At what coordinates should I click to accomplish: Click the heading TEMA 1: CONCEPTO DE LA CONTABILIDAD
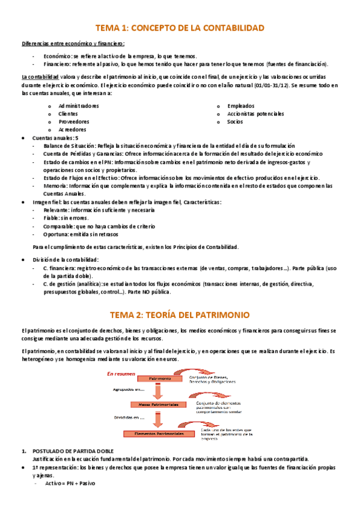coord(180,28)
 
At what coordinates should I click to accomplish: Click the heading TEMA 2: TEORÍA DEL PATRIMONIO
coord(180,315)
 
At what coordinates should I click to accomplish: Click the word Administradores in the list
coord(79,106)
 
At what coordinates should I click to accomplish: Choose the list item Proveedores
coord(74,121)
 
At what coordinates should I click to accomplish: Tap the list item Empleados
coord(241,106)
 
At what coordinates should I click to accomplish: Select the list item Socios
coord(235,121)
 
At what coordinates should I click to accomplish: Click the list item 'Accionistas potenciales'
coord(255,114)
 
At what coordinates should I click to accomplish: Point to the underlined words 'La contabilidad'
coord(40,77)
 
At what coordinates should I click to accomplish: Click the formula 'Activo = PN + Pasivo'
coord(70,484)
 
